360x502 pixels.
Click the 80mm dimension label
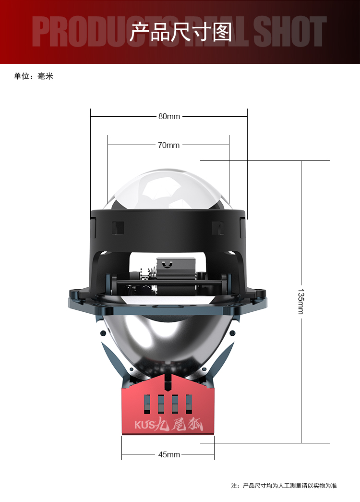coord(169,117)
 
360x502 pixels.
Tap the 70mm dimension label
coord(168,146)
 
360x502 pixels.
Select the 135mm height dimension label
coord(301,302)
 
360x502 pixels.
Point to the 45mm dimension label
coord(169,454)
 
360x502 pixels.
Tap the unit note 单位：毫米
coord(34,76)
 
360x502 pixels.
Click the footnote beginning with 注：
coord(284,486)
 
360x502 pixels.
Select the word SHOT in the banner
coord(289,32)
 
